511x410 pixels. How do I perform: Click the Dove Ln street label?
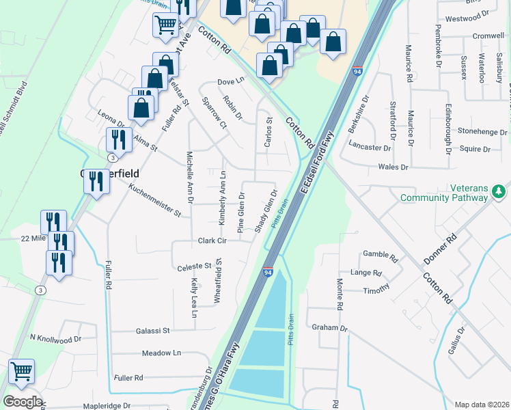pyautogui.click(x=231, y=81)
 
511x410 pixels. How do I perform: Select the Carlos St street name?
pyautogui.click(x=268, y=132)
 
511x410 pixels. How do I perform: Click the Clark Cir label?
pyautogui.click(x=212, y=241)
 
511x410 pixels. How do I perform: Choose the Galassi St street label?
pyautogui.click(x=156, y=331)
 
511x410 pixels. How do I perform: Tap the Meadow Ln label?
pyautogui.click(x=161, y=353)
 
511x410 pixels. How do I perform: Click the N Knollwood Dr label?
pyautogui.click(x=55, y=338)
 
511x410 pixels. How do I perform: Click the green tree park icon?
pyautogui.click(x=499, y=189)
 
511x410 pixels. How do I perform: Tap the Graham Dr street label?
pyautogui.click(x=325, y=328)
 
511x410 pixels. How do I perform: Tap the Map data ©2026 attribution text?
pyautogui.click(x=482, y=405)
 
